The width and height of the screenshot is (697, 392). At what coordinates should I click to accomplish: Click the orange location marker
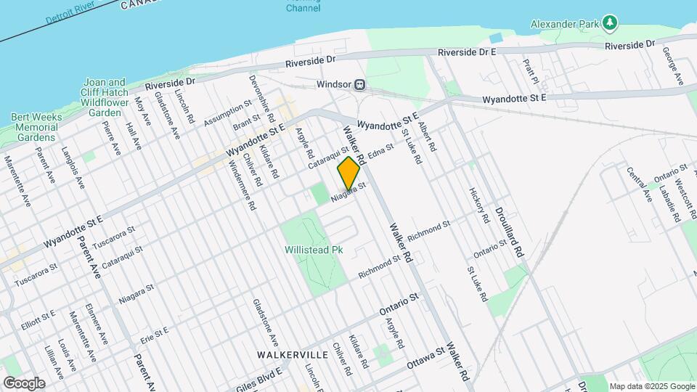[x=349, y=173]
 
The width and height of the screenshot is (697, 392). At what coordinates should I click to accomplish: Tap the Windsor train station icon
[x=360, y=84]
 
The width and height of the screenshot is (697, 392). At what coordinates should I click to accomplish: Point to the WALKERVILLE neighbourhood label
[x=293, y=355]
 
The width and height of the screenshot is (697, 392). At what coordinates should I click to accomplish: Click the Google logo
[x=24, y=383]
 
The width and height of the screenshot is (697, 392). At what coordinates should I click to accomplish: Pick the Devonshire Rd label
[x=261, y=98]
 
